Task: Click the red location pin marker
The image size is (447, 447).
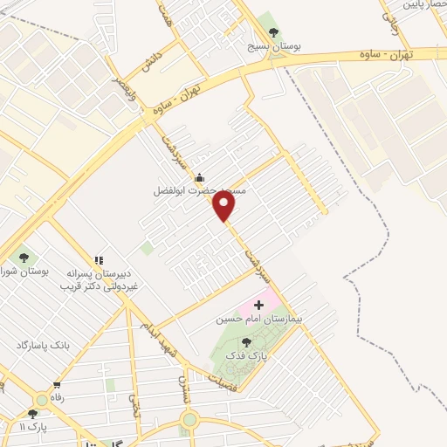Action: click(x=224, y=206)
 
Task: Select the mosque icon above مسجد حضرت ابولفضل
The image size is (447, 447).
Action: click(x=199, y=176)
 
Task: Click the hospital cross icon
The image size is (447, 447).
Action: click(x=258, y=305)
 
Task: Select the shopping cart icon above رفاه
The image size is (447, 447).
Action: click(x=58, y=384)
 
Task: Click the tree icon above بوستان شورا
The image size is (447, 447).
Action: click(x=24, y=257)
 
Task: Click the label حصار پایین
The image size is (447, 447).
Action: click(x=424, y=4)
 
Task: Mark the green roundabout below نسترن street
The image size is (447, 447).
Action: click(x=189, y=421)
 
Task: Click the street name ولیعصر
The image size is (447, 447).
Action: click(x=123, y=85)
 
